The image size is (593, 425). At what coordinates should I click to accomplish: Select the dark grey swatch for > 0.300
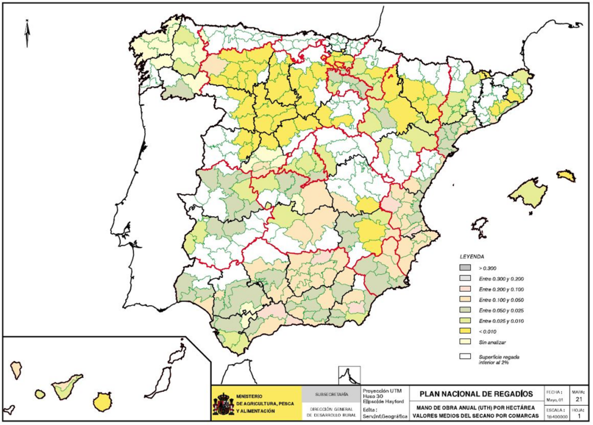click(465, 268)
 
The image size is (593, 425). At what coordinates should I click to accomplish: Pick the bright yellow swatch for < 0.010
click(465, 330)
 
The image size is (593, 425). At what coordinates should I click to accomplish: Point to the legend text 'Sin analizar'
click(492, 342)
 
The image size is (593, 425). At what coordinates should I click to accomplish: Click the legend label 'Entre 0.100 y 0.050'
click(502, 299)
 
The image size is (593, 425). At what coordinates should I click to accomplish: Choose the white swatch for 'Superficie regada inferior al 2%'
click(465, 357)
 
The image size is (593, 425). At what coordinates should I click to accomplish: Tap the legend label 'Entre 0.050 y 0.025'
click(502, 310)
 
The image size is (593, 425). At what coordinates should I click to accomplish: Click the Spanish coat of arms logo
click(223, 404)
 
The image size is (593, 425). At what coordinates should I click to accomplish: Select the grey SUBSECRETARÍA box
click(331, 394)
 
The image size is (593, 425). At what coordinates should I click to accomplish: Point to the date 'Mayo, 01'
click(554, 399)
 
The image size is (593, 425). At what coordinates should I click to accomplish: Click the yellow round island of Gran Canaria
click(103, 401)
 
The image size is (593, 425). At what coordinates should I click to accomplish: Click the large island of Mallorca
click(528, 192)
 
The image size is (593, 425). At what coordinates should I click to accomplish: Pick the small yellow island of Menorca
click(566, 175)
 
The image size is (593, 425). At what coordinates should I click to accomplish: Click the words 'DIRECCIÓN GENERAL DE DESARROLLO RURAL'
click(331, 412)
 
